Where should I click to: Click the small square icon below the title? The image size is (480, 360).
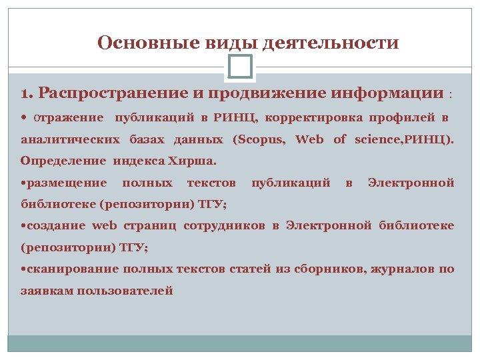(x=239, y=66)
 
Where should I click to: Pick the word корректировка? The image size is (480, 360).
(x=314, y=118)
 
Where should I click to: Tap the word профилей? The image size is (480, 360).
(x=402, y=118)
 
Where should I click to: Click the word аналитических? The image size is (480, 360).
(x=70, y=140)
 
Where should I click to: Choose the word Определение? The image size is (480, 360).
(x=63, y=161)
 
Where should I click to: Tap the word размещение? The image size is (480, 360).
(x=65, y=182)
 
